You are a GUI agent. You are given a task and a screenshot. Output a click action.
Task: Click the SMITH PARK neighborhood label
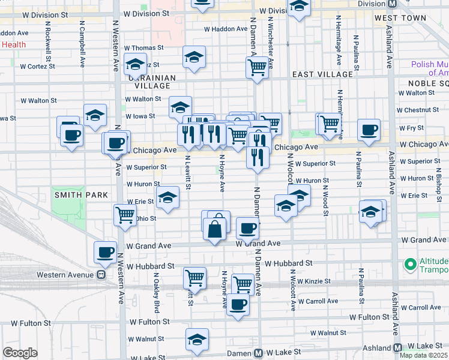tap(81, 195)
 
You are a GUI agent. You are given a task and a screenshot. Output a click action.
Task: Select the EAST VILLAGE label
tap(322, 74)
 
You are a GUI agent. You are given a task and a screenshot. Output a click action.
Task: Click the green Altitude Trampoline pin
tap(411, 264)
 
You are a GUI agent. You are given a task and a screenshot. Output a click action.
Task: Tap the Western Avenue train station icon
tap(101, 275)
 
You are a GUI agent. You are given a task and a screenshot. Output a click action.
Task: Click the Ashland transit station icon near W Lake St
tap(397, 348)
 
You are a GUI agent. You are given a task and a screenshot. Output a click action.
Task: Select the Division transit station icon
tap(393, 4)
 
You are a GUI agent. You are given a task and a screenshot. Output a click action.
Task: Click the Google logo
tap(20, 353)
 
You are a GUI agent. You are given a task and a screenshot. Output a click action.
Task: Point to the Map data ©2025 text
tap(424, 355)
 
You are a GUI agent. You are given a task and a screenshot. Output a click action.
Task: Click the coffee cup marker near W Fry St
tap(369, 128)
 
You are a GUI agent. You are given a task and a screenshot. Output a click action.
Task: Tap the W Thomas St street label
tap(143, 48)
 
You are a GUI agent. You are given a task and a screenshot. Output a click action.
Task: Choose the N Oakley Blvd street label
tap(156, 293)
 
